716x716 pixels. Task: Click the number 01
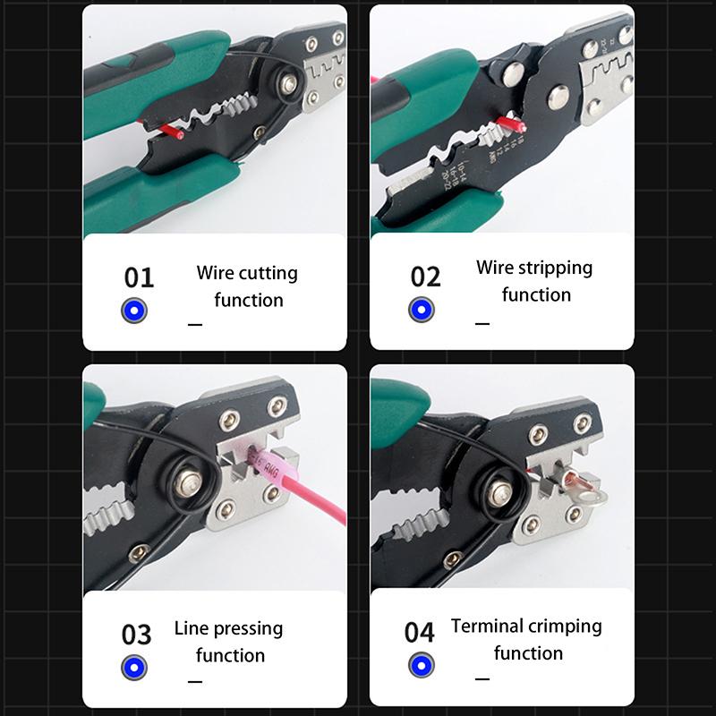pos(139,277)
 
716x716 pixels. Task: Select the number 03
pos(137,635)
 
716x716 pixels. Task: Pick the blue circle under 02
pos(422,310)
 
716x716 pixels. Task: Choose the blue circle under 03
pos(134,668)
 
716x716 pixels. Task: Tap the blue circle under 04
pos(422,665)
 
